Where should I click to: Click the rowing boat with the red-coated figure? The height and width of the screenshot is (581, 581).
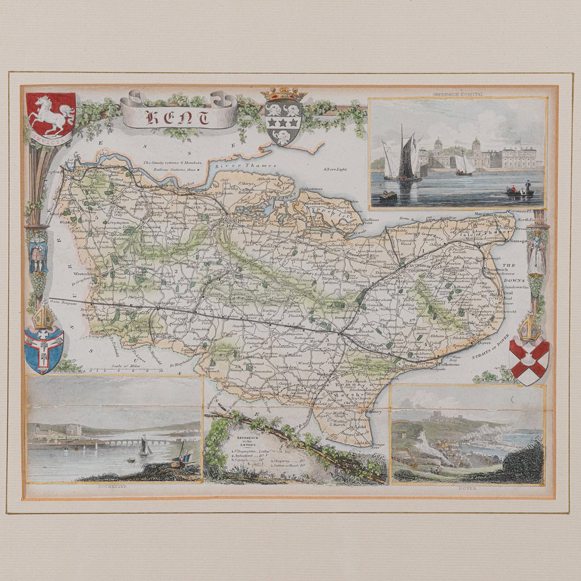(520, 189)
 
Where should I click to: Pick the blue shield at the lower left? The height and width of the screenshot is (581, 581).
(44, 350)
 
